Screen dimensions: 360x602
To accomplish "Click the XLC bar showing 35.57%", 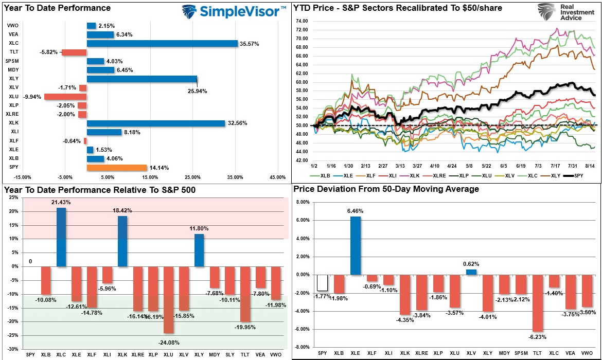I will point(162,43).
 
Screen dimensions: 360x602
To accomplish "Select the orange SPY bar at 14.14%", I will point(116,167).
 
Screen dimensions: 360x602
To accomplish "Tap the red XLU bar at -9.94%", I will point(65,96).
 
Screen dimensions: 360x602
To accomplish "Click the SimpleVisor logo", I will point(234,11).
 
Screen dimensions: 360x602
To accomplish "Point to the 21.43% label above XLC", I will point(61,203).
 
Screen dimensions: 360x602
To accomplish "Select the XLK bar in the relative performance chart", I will point(122,241).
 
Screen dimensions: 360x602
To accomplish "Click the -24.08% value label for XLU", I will point(168,340).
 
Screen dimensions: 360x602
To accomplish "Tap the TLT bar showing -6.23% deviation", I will point(538,303).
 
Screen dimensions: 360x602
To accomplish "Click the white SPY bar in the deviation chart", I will point(322,282).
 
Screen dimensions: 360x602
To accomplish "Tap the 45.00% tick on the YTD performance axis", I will point(277,178).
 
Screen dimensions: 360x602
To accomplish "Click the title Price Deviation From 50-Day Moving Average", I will point(386,189).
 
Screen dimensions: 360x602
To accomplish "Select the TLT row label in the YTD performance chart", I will point(14,52).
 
